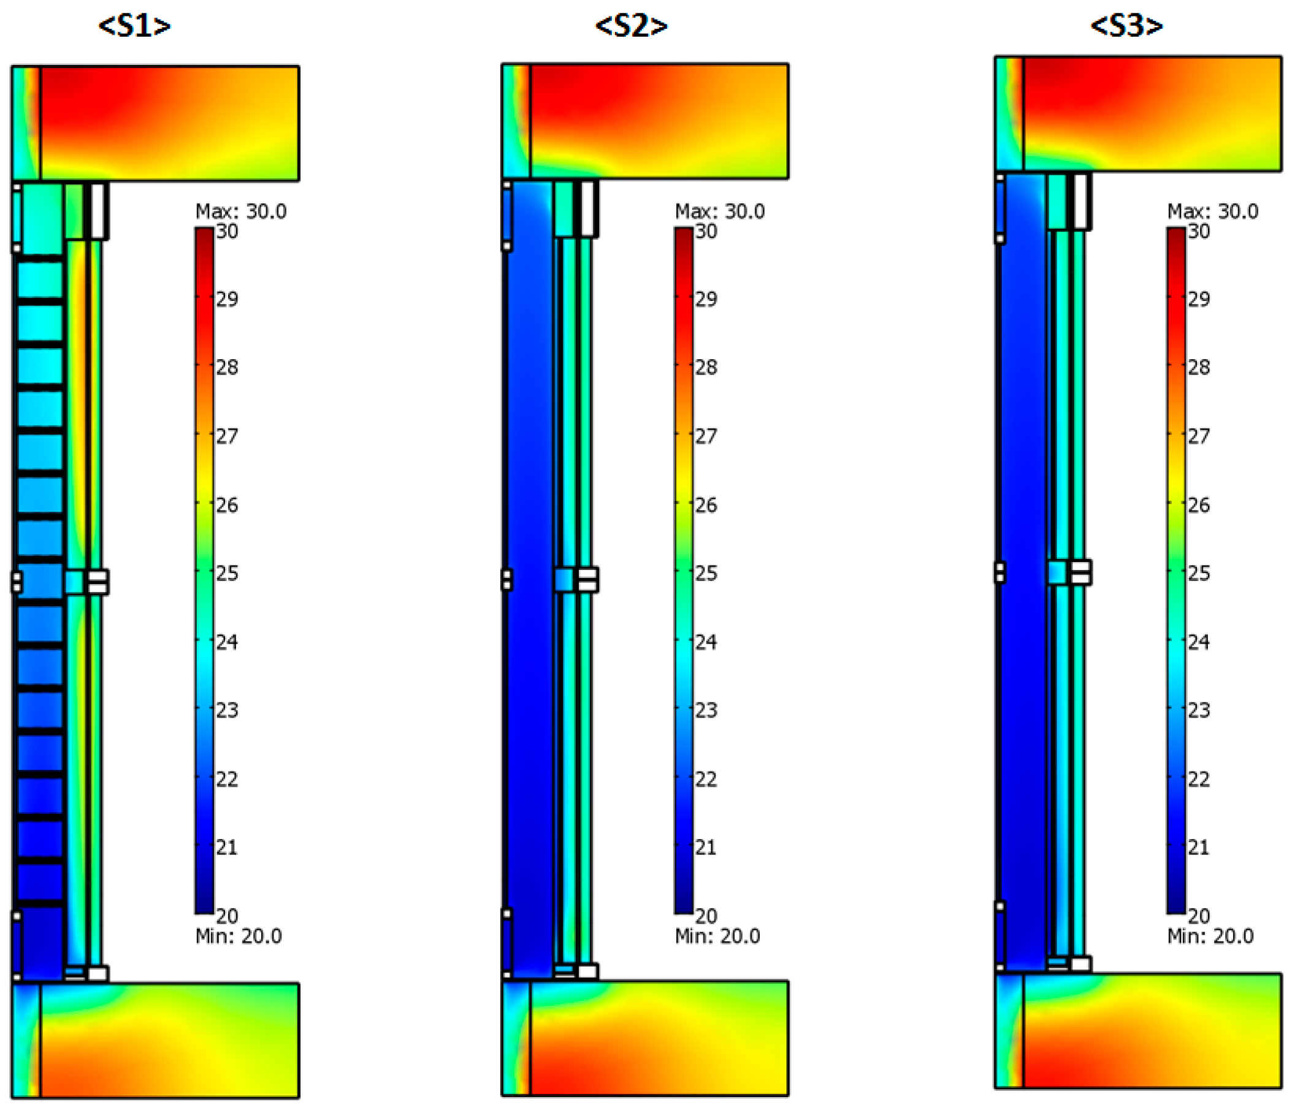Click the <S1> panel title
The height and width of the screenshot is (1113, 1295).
134,26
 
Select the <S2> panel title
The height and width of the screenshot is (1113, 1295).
631,26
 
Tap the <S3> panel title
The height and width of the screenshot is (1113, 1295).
1126,26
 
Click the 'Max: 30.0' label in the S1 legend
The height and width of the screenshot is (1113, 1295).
241,211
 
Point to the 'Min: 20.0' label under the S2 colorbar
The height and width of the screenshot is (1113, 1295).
717,936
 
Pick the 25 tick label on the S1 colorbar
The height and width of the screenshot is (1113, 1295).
227,572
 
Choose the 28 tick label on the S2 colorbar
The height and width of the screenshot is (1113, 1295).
706,367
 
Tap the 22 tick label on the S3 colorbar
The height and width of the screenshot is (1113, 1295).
1199,779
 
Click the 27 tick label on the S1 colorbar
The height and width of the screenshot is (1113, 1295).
227,435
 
